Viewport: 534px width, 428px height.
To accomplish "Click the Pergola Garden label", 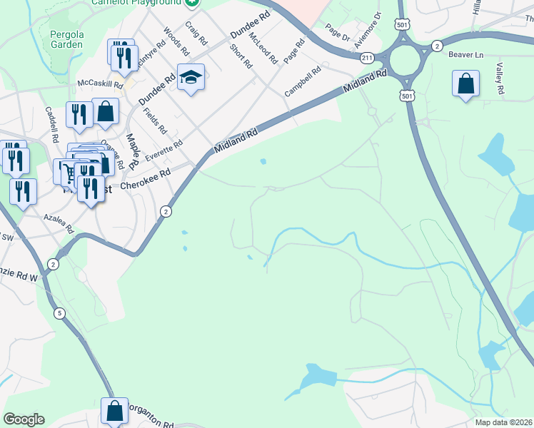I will point(66,39).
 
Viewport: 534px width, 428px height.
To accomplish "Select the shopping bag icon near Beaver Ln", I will point(465,83).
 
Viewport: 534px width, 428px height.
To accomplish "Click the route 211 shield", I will point(367,57).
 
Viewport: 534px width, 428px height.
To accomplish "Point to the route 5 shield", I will point(59,312).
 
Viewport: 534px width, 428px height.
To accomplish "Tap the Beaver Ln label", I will point(466,54).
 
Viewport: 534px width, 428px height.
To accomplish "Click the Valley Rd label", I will point(500,78).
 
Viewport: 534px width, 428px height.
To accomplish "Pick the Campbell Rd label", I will point(302,81).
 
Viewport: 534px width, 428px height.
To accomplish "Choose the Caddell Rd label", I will point(51,124).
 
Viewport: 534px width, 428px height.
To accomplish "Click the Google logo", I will point(24,419).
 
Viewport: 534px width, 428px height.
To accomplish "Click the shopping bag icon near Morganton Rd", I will point(114,411).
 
